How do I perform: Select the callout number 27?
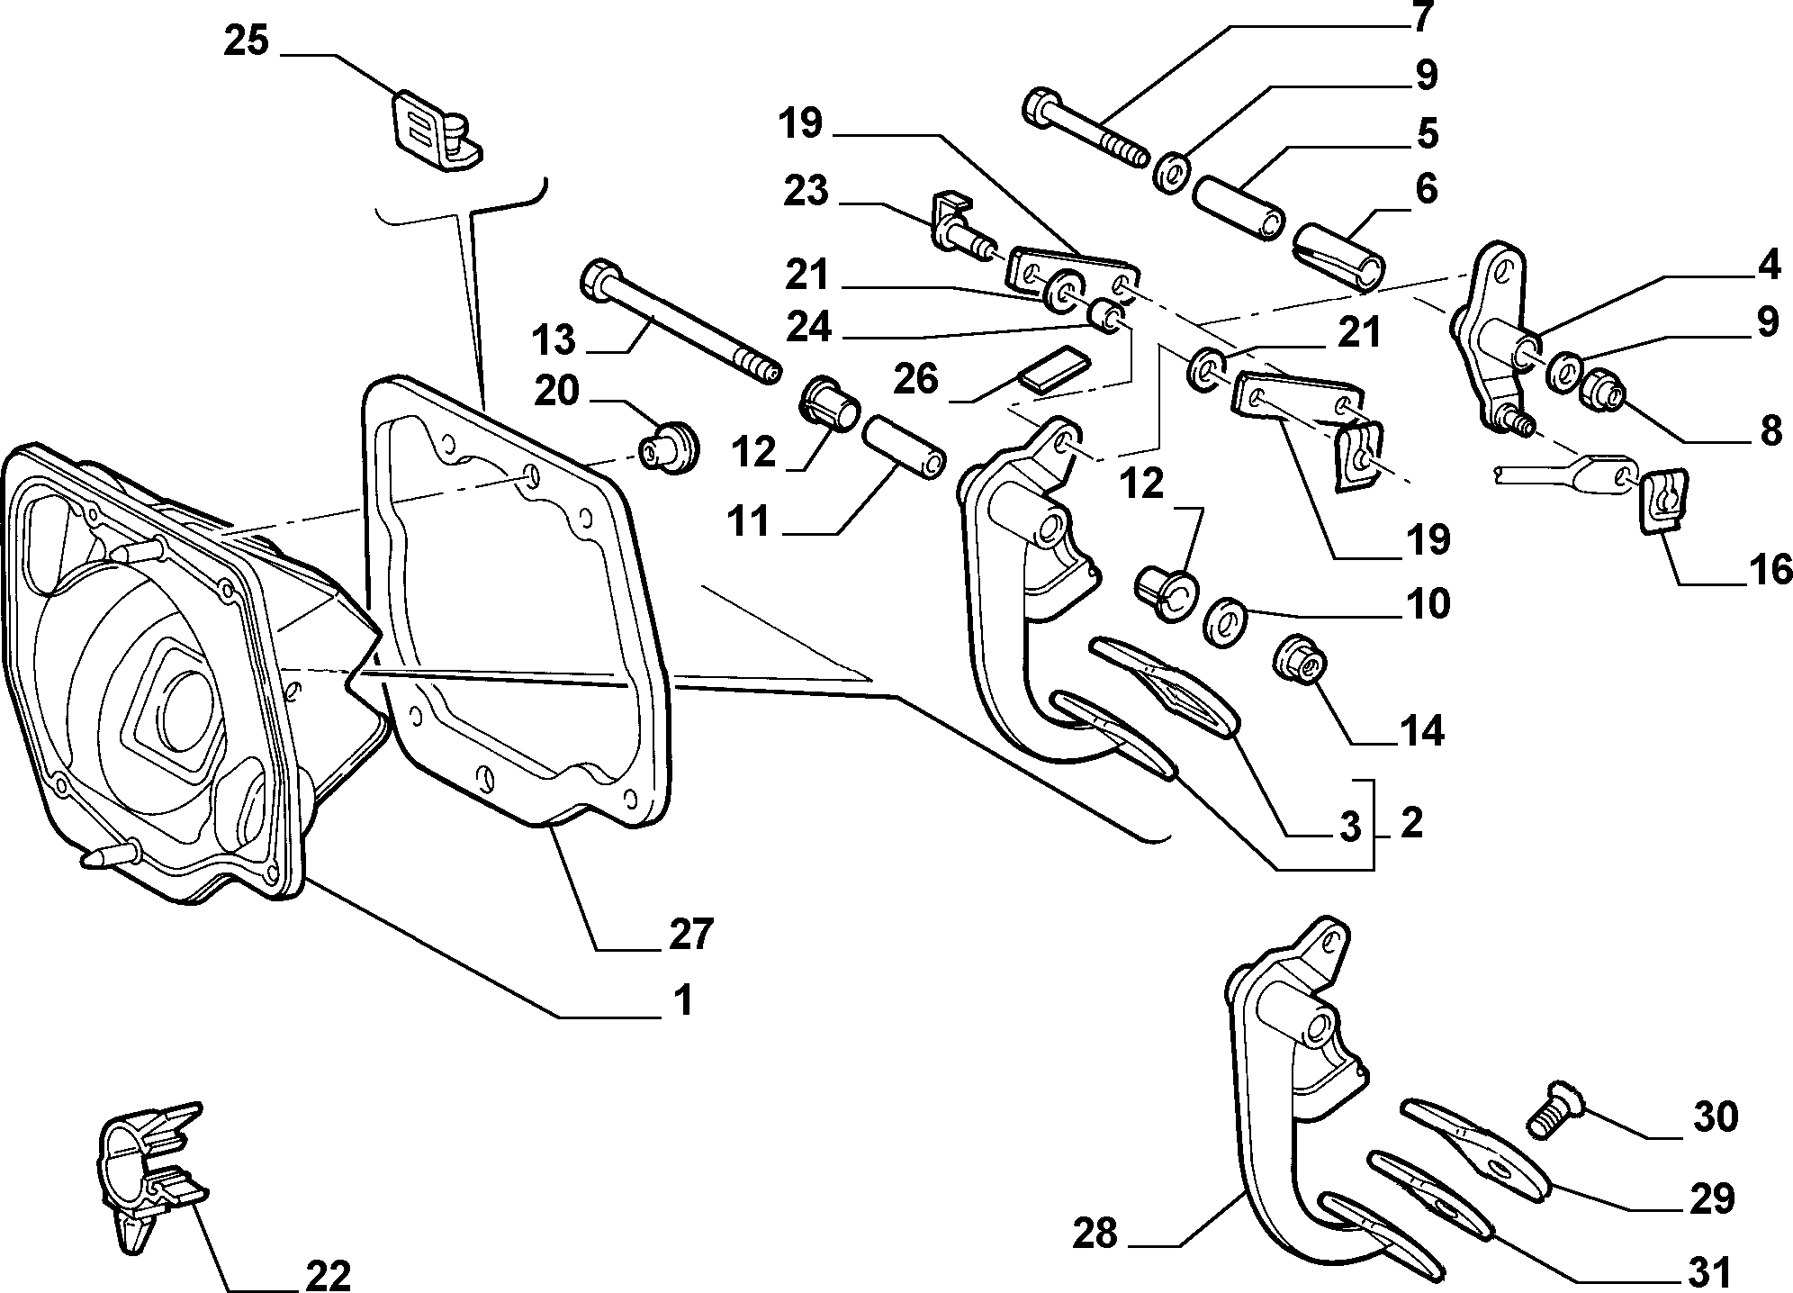pos(690,933)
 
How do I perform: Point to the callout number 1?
pos(683,999)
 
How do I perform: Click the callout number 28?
pos(1095,1234)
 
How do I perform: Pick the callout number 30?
pos(1715,1117)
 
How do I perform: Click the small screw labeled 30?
pos(1554,1122)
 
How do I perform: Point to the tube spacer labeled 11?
pos(904,446)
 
